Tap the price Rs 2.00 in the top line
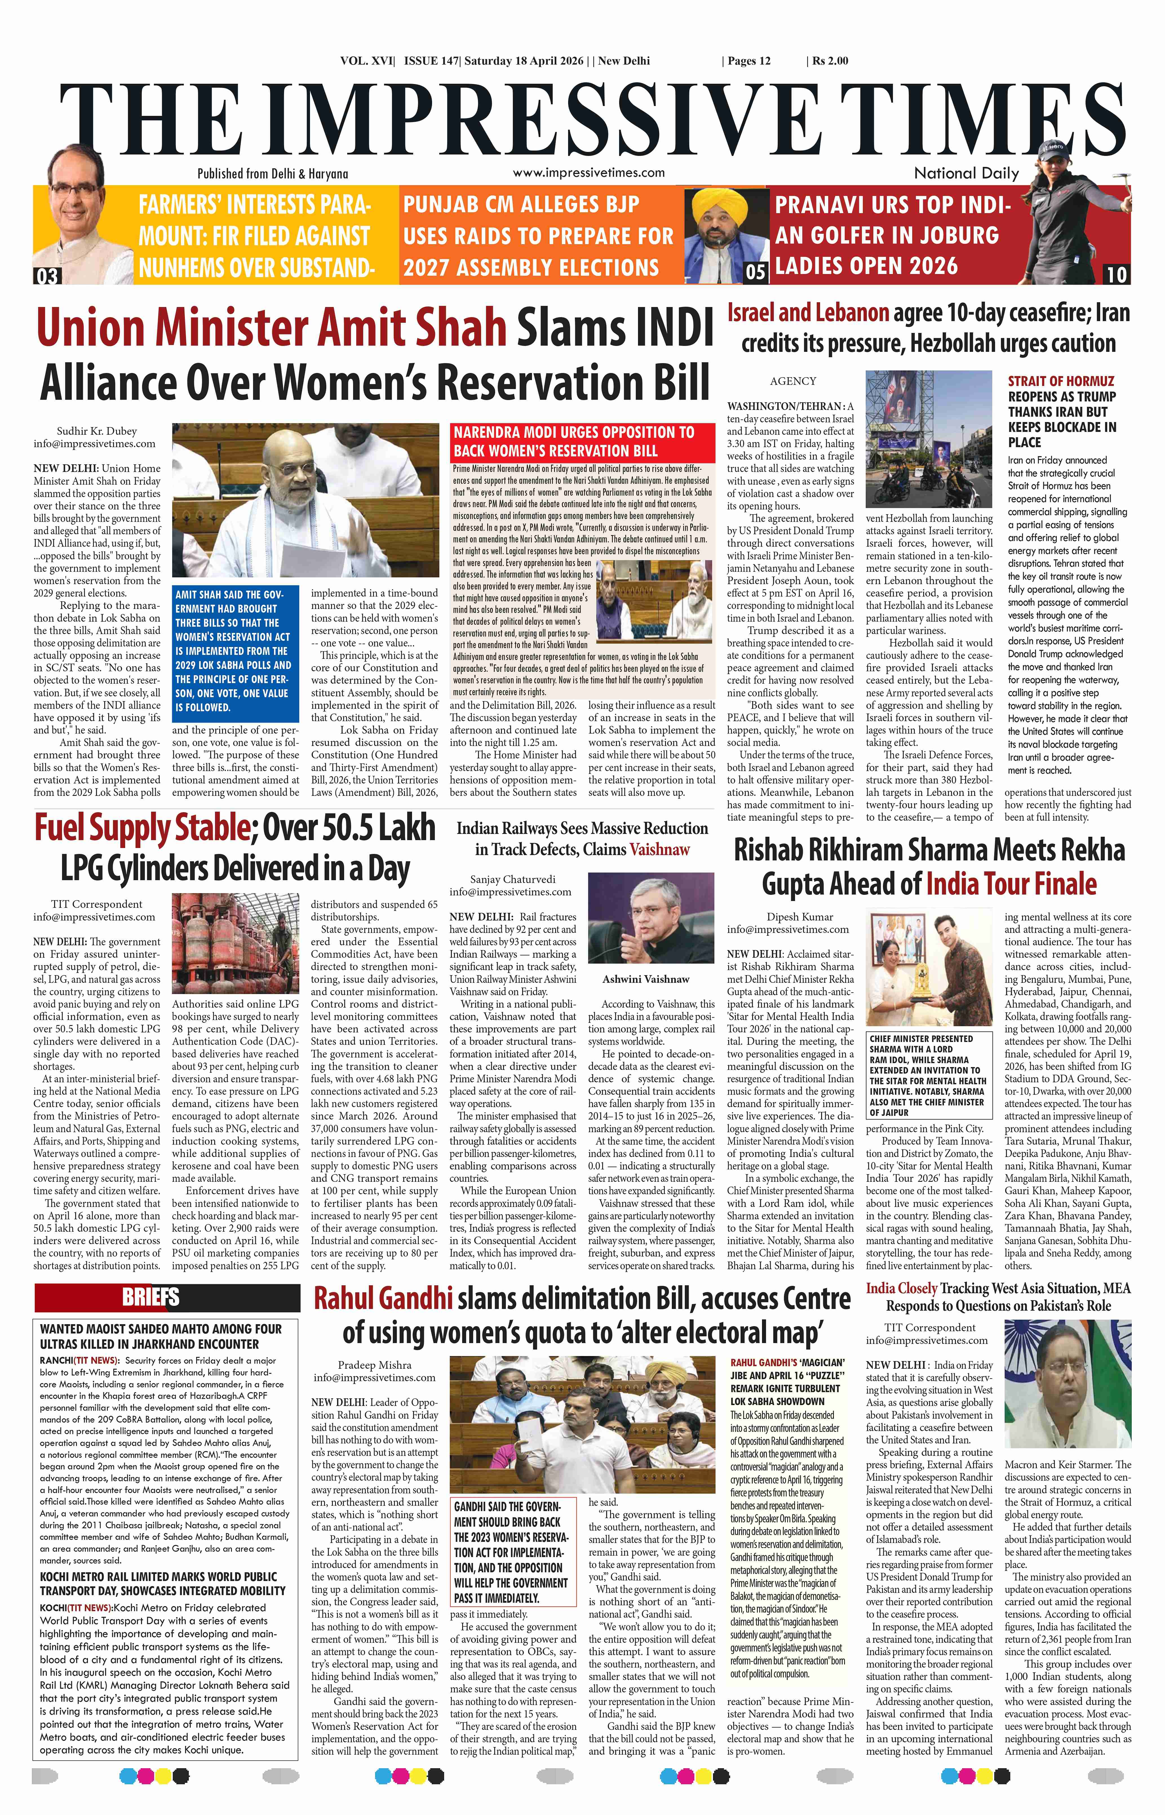pos(830,61)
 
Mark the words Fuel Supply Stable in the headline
pos(141,828)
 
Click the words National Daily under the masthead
pos(966,173)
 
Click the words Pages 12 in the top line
pos(749,61)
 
